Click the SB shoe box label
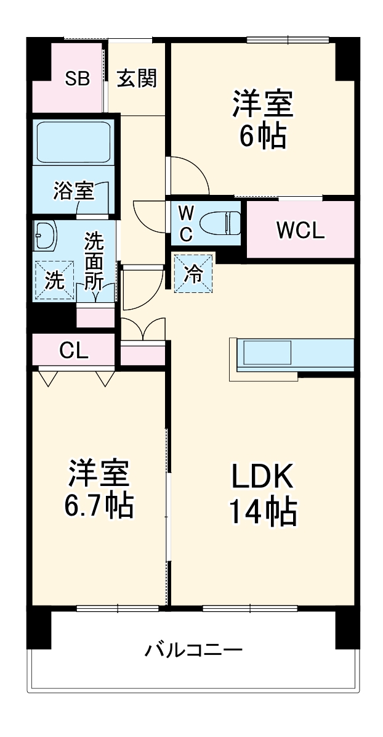tap(78, 79)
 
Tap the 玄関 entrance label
tap(137, 79)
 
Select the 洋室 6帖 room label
tap(262, 120)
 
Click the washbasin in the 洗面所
tap(46, 234)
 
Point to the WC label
tap(187, 223)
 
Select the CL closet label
tap(74, 350)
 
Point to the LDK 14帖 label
tap(263, 493)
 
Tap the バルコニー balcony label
tap(194, 650)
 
